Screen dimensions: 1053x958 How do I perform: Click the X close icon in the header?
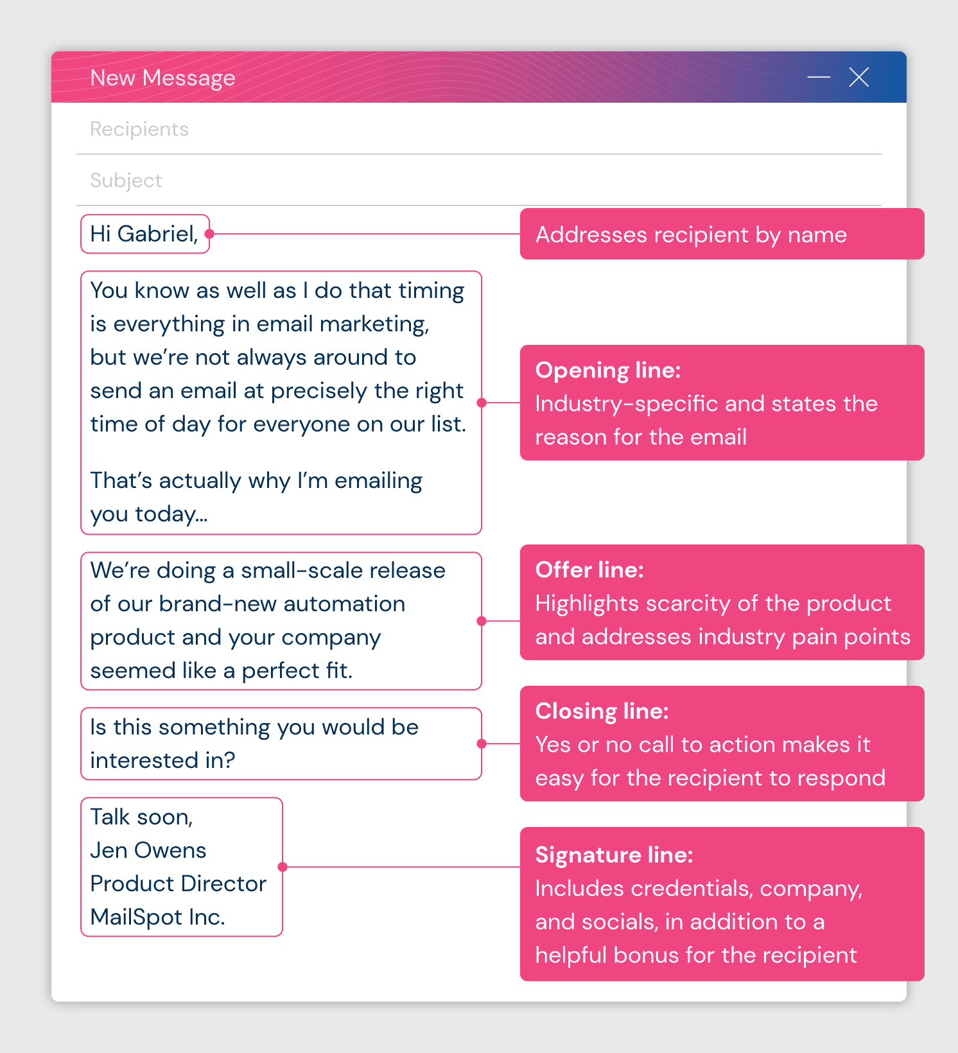858,77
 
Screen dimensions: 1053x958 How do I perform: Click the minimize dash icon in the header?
819,77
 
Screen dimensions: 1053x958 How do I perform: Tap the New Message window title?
162,78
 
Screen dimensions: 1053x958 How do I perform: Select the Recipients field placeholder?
139,129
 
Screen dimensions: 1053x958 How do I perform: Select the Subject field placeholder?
126,180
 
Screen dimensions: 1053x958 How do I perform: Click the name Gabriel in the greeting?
157,234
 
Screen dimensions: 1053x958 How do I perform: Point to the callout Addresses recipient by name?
691,234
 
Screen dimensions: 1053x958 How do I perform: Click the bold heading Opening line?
607,370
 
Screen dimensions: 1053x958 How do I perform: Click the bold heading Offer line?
589,570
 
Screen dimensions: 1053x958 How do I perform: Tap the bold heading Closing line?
602,711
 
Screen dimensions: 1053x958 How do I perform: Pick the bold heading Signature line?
614,855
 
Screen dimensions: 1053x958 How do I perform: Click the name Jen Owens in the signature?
148,850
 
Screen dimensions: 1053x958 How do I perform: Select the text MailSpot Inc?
157,917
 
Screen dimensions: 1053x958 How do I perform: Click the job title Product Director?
178,883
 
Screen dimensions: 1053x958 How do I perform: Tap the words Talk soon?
141,817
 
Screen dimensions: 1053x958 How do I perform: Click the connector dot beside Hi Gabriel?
209,234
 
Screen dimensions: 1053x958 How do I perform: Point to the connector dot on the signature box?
283,867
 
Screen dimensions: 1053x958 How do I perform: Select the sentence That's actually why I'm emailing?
256,480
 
